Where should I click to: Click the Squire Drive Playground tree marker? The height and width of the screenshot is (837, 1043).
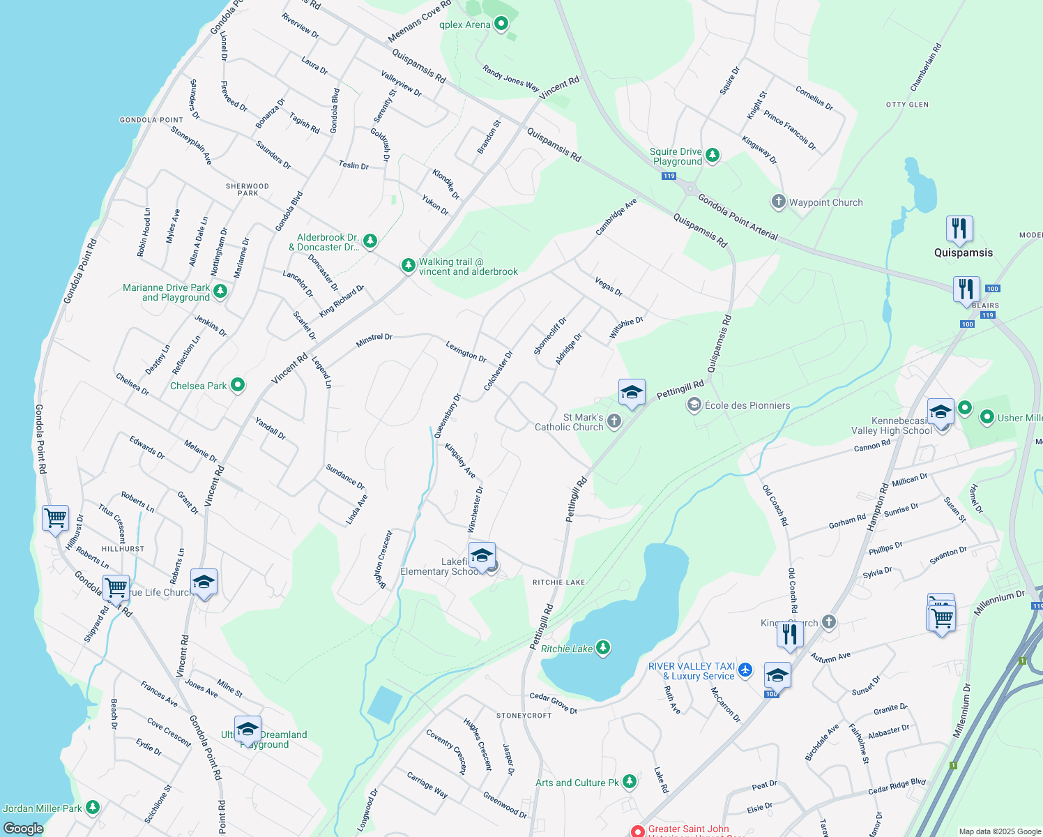pos(712,155)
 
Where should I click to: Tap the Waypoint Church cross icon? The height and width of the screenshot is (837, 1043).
pos(778,202)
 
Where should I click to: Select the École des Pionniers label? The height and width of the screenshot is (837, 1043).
pos(747,405)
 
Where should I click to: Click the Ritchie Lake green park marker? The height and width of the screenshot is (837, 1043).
pos(603,648)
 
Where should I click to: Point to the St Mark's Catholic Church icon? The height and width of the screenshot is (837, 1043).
pos(614,421)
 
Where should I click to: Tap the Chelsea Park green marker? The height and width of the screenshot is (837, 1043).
pos(238,384)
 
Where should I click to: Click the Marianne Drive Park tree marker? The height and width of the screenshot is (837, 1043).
pos(220,291)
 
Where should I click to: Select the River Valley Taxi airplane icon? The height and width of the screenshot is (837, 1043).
pos(745,670)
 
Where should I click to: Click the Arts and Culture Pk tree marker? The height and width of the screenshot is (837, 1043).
pos(630,781)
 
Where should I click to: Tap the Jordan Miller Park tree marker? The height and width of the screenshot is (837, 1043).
pos(92,807)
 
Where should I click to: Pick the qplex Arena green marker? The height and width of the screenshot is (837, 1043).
pos(501,24)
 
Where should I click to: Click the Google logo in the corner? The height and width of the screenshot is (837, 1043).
pos(23,828)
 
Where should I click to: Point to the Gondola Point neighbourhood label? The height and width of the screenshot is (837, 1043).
pos(151,120)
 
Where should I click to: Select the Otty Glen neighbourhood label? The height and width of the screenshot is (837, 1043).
pos(907,105)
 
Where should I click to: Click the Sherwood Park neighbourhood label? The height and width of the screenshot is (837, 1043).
pos(248,190)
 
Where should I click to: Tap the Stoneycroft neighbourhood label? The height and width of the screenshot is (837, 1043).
pos(524,716)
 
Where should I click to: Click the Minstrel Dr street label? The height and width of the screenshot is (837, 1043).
pos(374,338)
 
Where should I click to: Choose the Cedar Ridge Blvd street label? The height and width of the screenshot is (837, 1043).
pos(897,786)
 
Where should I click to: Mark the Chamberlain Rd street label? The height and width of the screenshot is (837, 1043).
pos(926,68)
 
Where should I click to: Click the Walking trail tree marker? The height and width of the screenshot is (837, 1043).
pos(409,265)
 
